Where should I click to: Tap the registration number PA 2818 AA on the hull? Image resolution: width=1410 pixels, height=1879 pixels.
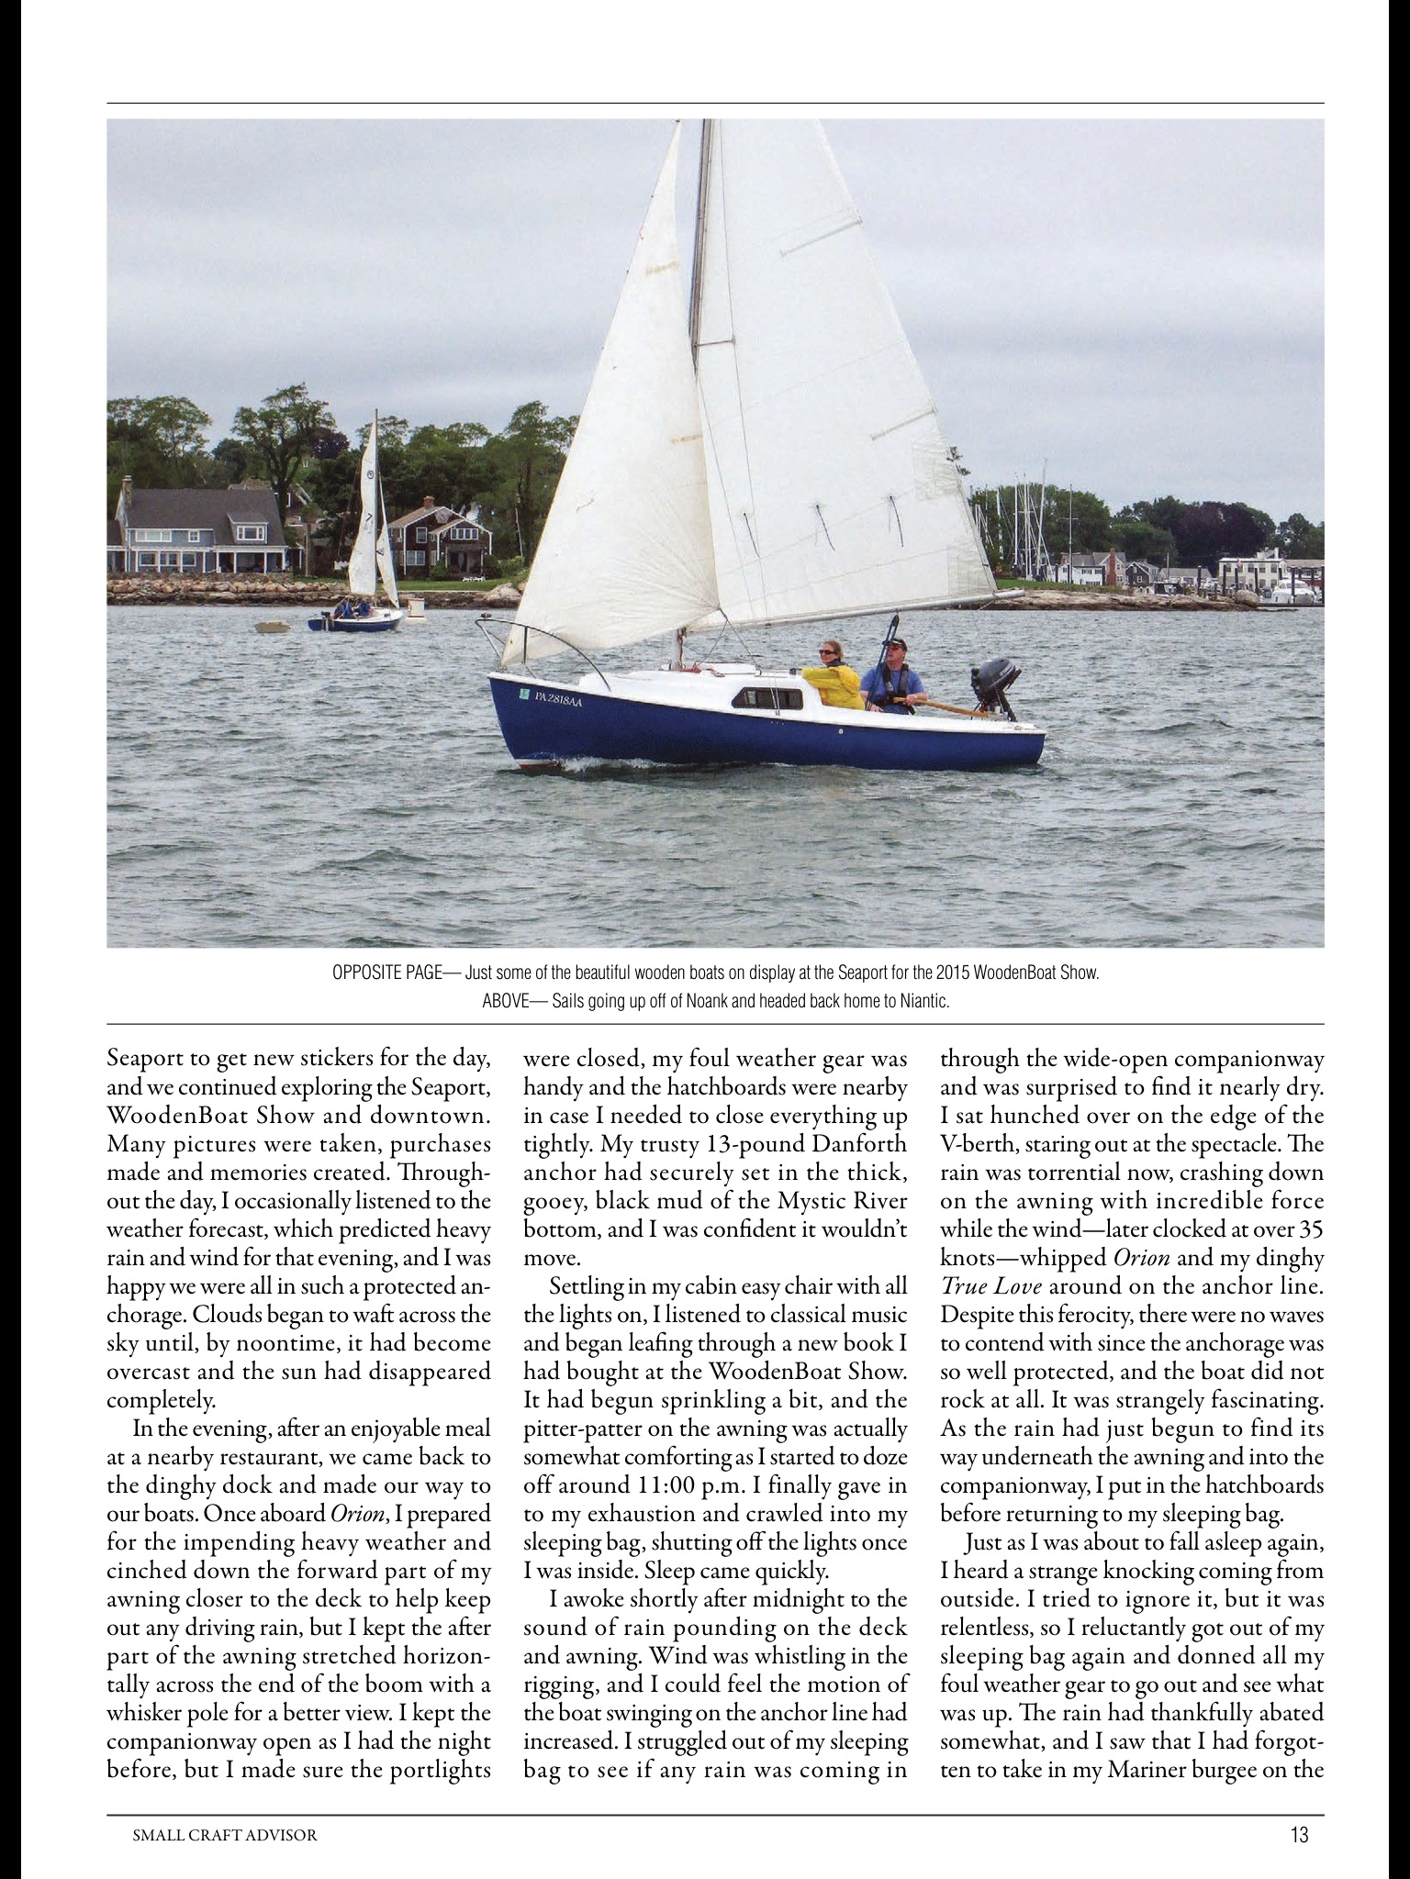click(x=557, y=700)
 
